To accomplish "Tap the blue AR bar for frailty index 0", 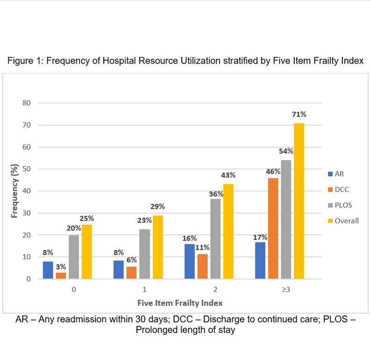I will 48,270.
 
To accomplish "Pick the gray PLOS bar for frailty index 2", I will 215,239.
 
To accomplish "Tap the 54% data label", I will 286,151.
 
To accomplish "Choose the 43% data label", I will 229,175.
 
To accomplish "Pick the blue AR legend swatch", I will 330,174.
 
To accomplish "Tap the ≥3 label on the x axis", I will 286,290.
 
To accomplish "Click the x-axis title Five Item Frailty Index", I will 180,303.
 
